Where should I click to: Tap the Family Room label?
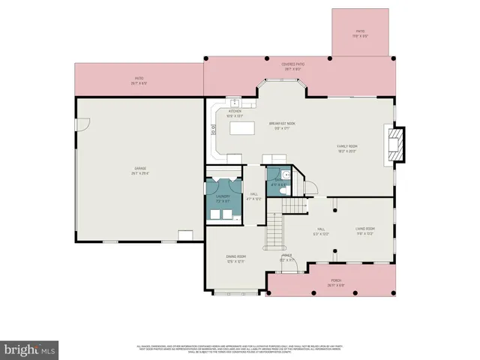click(346, 147)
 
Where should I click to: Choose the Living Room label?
click(364, 230)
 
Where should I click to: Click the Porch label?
click(334, 283)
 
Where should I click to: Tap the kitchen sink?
click(235, 102)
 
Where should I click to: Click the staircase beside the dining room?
click(276, 232)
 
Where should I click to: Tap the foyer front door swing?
click(292, 263)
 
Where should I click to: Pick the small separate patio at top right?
click(361, 34)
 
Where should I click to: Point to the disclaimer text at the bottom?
click(239, 349)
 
